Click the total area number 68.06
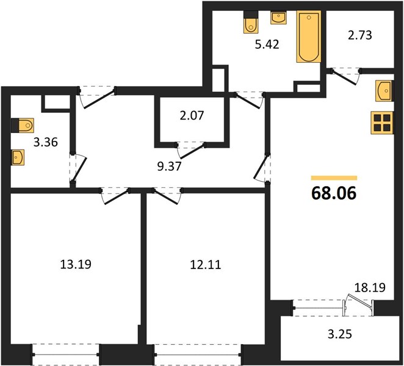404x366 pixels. (x=334, y=193)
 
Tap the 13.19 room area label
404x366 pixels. (x=76, y=264)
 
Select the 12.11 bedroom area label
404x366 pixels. (x=205, y=265)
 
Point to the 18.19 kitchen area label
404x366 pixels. (x=370, y=287)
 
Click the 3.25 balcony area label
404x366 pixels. (x=340, y=334)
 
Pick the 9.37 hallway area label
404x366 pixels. (x=170, y=167)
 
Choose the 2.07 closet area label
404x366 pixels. (x=192, y=116)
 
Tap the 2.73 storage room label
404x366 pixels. (x=360, y=35)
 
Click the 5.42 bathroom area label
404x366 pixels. (x=267, y=45)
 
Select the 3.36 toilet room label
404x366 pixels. (x=46, y=142)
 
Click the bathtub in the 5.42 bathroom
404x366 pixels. (x=309, y=37)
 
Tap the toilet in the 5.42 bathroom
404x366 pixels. (x=251, y=23)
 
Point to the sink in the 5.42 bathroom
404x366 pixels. (x=278, y=18)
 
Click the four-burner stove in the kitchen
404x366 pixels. (x=382, y=123)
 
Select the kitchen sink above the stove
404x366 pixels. (x=384, y=91)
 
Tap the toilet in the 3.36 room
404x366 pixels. (x=23, y=126)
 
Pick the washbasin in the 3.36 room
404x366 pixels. (x=18, y=157)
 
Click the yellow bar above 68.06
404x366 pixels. (x=334, y=178)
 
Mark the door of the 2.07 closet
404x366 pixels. (x=191, y=150)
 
